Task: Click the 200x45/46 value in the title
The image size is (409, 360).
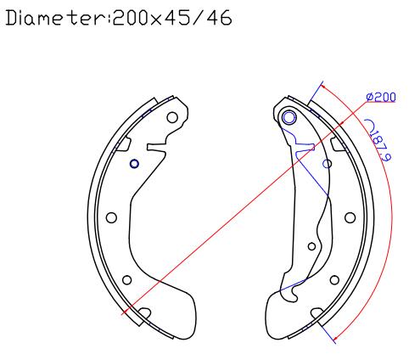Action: (x=172, y=18)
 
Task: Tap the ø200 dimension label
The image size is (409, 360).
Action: (x=381, y=97)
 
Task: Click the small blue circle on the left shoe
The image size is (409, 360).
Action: (x=134, y=164)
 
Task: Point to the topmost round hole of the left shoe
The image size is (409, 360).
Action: (x=172, y=117)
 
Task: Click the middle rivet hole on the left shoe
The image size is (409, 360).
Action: (x=111, y=217)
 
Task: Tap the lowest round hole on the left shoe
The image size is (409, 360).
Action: (x=127, y=280)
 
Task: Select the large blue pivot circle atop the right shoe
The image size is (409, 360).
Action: (x=289, y=118)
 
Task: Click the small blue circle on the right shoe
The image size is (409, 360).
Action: (x=328, y=164)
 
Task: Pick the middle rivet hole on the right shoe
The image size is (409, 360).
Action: (x=350, y=217)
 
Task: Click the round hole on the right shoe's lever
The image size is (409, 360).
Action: (x=311, y=246)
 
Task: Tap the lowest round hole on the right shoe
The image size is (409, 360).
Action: (x=334, y=280)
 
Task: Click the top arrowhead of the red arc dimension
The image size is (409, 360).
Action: (x=324, y=87)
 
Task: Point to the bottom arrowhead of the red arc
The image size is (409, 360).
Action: (x=336, y=337)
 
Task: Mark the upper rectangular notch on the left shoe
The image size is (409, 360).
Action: (x=124, y=144)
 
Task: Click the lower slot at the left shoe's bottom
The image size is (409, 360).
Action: (x=144, y=313)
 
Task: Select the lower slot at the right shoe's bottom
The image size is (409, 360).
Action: (x=317, y=313)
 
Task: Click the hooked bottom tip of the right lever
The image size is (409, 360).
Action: (x=294, y=298)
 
